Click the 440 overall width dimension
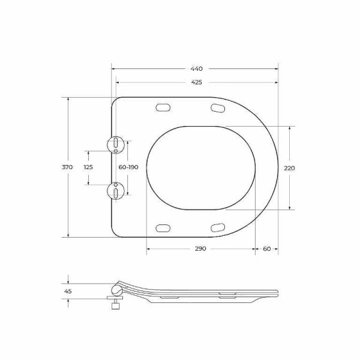pyautogui.click(x=196, y=69)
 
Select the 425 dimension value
pyautogui.click(x=196, y=82)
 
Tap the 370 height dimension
pyautogui.click(x=67, y=167)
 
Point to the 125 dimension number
pyautogui.click(x=88, y=167)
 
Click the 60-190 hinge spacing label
pyautogui.click(x=128, y=167)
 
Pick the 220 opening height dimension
pyautogui.click(x=289, y=168)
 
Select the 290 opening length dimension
pyautogui.click(x=200, y=248)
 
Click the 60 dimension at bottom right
pyautogui.click(x=266, y=248)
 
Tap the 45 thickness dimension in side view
pyautogui.click(x=68, y=291)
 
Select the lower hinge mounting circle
pyautogui.click(x=115, y=191)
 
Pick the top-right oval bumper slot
pyautogui.click(x=218, y=107)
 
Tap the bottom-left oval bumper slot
pyautogui.click(x=163, y=227)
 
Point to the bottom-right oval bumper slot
pyautogui.click(x=218, y=227)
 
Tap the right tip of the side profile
pyautogui.click(x=278, y=292)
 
